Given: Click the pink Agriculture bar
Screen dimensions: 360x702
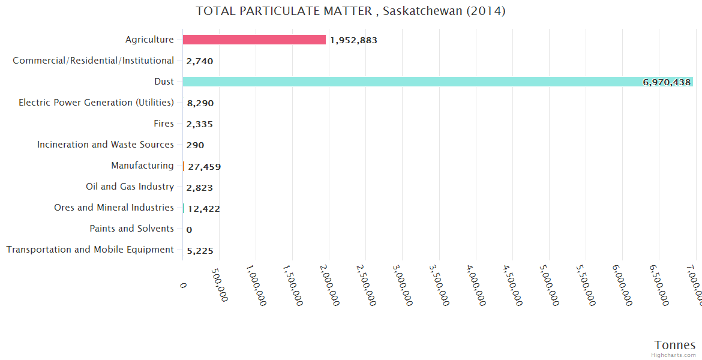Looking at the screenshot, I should (x=254, y=40).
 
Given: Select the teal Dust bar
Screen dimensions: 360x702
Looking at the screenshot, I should (x=437, y=82).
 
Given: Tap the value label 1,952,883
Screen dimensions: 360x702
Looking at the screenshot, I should (x=353, y=40).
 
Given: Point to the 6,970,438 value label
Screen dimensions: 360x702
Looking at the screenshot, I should (x=667, y=82).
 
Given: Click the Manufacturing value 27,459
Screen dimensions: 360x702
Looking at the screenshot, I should (x=204, y=166).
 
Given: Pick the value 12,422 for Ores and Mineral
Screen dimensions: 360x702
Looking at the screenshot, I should (x=203, y=209).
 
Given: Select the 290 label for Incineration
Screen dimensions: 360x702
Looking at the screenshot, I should (x=195, y=145).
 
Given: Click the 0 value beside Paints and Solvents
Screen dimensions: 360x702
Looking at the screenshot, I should (x=189, y=230).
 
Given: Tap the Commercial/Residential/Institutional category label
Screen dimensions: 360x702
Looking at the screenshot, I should (x=93, y=61).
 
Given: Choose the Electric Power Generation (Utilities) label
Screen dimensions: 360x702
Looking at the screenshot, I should (x=96, y=103).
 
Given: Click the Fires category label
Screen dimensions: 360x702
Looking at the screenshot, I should (x=164, y=124).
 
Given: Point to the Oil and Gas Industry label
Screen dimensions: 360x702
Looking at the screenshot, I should (x=130, y=187).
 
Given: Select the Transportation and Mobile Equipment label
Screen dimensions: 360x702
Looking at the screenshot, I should (x=90, y=250).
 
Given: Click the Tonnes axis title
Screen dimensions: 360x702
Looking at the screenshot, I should (x=674, y=345).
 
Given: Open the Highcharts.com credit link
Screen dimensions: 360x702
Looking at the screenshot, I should (x=674, y=355).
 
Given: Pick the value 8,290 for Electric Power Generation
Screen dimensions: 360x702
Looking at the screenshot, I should (x=200, y=103).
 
